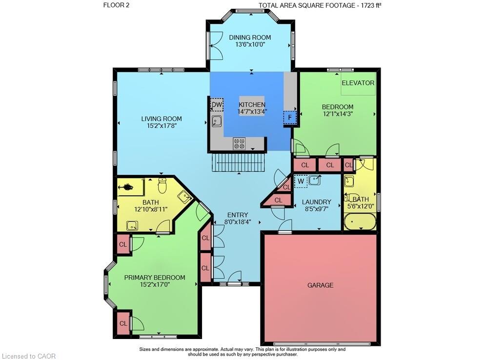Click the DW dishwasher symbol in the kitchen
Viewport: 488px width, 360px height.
pos(217,105)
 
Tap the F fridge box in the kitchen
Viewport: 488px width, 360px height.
pos(290,117)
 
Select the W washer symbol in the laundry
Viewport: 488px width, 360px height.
pos(301,181)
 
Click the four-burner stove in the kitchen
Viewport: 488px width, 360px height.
pos(239,144)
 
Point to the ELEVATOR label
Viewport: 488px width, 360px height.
pos(358,83)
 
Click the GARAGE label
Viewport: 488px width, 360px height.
pos(320,285)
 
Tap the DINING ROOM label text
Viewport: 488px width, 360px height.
pos(250,38)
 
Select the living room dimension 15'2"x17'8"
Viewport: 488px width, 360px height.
pos(162,126)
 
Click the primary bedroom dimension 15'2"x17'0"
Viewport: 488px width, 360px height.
pos(155,284)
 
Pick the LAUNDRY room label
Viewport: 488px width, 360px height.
pos(317,202)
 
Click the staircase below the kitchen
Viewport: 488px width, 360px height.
pos(239,162)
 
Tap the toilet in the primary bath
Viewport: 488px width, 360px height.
pos(162,185)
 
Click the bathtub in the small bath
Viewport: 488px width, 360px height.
pos(360,221)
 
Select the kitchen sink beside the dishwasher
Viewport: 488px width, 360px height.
pos(217,121)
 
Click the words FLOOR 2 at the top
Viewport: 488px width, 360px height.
pos(117,5)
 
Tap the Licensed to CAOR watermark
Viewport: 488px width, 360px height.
pos(29,356)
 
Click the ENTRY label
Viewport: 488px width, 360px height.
pos(238,215)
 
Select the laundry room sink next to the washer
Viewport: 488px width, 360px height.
pos(315,180)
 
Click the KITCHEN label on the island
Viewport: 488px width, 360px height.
pos(252,105)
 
